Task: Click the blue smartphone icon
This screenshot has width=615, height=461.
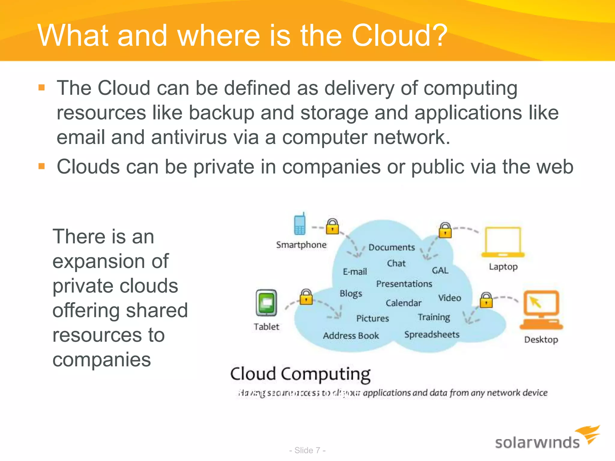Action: click(299, 224)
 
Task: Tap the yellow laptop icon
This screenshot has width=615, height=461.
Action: click(503, 242)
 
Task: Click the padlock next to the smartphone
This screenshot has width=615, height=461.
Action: click(332, 226)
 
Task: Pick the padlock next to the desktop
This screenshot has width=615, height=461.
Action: click(486, 300)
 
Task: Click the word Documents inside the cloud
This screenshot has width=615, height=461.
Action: click(392, 247)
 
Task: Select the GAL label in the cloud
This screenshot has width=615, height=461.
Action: click(440, 270)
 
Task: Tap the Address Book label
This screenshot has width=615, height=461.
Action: click(351, 336)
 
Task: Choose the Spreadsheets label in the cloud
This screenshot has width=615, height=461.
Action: click(432, 334)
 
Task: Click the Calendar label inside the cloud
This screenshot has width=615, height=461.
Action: click(403, 303)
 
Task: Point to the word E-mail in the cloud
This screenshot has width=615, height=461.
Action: click(355, 272)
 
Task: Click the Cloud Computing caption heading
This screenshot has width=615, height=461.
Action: click(300, 374)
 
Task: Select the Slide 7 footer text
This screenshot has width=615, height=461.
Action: click(307, 450)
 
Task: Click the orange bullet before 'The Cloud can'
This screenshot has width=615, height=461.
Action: click(42, 88)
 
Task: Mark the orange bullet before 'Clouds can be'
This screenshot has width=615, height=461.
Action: click(42, 166)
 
